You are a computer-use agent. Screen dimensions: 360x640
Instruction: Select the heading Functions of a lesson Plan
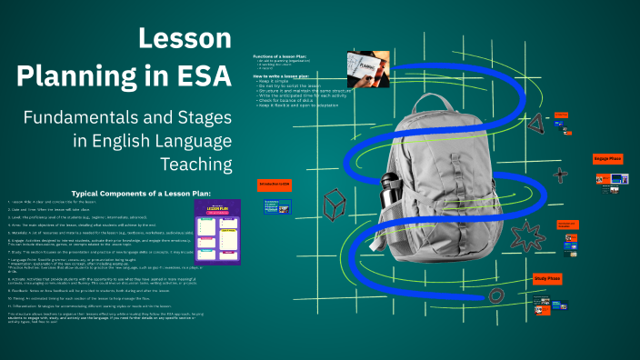284,56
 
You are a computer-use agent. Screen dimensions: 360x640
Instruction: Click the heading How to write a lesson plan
285,77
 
